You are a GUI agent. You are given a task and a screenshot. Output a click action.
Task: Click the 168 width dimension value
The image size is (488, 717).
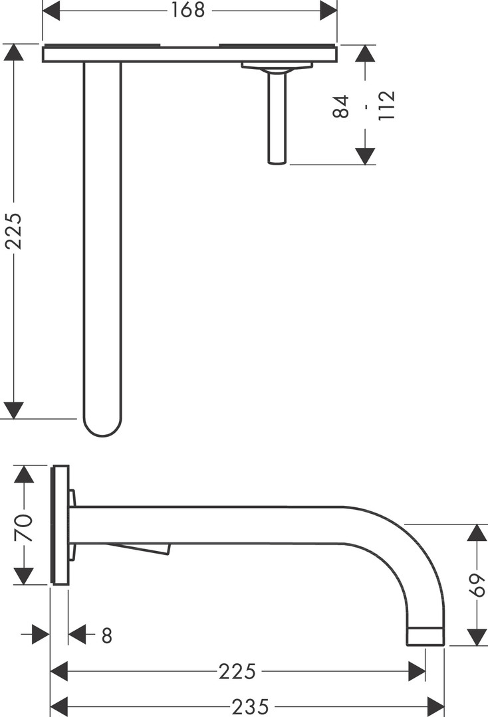coord(187,10)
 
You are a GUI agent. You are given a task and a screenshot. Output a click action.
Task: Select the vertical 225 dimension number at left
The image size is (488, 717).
coord(13,231)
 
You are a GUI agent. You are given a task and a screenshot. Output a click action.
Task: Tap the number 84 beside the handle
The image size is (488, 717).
coord(340,106)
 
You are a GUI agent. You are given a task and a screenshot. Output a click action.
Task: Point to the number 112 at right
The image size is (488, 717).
coord(386,106)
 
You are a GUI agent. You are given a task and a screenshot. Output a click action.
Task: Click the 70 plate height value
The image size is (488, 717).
coord(24,528)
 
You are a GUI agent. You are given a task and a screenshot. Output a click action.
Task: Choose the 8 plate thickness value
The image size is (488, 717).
coord(106,635)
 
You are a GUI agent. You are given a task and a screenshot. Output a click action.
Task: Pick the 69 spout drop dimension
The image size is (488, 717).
coord(477,585)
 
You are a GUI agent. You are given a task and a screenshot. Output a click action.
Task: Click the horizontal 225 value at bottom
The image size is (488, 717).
coord(237,672)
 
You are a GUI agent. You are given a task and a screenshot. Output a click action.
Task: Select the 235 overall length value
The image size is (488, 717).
coord(251,707)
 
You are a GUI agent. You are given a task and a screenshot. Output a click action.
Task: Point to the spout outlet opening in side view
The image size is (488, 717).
coord(426,636)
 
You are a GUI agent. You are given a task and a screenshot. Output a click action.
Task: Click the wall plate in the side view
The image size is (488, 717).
coord(61,525)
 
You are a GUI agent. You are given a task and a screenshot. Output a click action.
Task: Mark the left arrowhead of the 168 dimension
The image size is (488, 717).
coord(51,10)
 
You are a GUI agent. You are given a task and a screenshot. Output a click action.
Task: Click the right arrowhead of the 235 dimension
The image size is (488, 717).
coord(435,706)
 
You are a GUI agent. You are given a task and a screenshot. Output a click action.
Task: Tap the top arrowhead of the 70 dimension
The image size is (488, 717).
coord(24,474)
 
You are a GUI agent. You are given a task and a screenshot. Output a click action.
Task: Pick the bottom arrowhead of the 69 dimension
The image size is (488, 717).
coord(477,637)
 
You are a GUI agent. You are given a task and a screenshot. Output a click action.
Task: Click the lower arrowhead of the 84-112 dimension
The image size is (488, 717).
coord(365,156)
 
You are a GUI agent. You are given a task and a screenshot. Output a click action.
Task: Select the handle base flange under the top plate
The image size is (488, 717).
coord(277,67)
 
